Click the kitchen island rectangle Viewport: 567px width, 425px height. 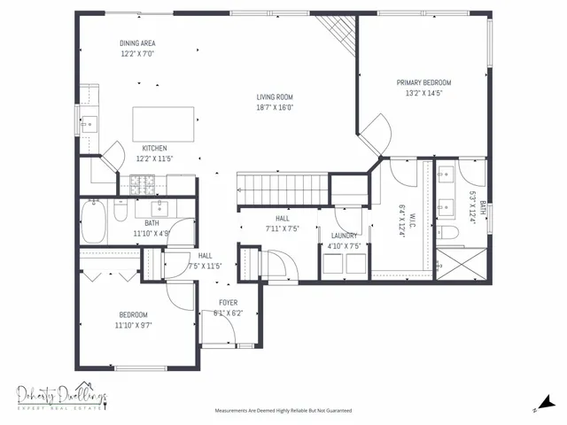164,120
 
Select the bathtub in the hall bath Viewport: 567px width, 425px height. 94,220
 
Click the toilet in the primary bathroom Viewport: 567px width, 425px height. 450,233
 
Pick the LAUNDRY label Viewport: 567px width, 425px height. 345,236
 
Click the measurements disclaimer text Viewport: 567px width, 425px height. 283,411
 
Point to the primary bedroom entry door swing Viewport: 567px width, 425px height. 377,133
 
